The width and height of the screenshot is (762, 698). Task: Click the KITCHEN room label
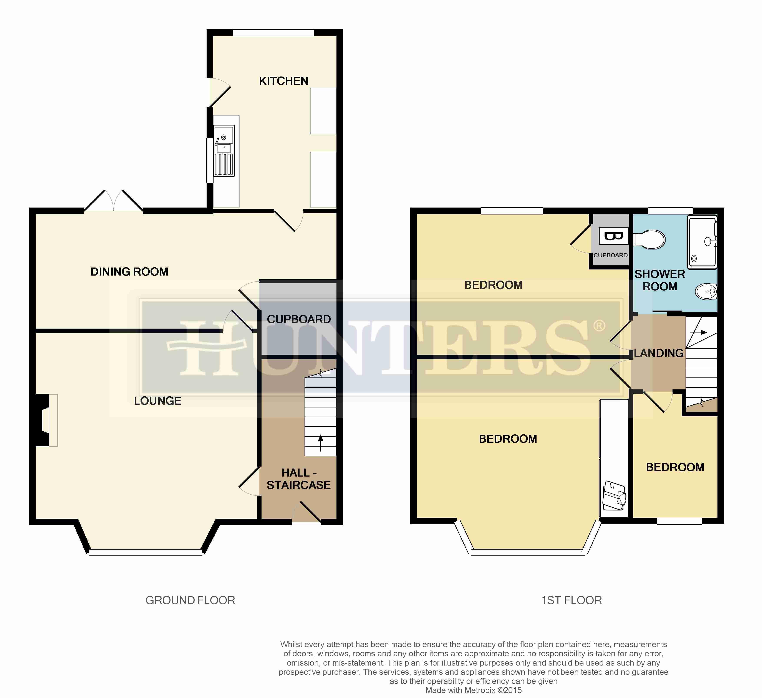[283, 81]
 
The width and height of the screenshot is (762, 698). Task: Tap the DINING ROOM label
[129, 271]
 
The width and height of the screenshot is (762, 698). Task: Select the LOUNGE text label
[158, 401]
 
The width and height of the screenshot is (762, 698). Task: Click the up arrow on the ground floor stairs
[321, 443]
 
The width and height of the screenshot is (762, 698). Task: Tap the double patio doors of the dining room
[113, 200]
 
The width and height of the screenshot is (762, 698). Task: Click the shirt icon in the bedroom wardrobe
[614, 495]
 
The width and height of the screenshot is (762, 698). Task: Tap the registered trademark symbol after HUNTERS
[599, 325]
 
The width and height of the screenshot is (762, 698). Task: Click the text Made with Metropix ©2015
[474, 690]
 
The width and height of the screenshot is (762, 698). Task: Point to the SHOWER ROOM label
[659, 280]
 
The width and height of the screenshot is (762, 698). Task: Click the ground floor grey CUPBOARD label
[299, 319]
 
